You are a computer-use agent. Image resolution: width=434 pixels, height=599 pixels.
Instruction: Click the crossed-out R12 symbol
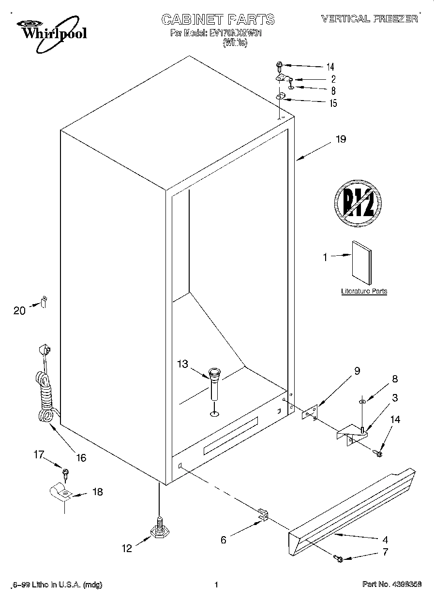(358, 202)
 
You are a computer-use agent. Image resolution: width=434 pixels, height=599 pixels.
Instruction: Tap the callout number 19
(341, 140)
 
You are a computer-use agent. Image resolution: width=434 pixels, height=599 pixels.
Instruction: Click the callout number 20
(19, 311)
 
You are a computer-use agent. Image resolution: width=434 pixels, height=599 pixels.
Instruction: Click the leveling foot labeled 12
(159, 530)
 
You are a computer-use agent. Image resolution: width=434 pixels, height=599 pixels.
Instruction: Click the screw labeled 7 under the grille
(339, 559)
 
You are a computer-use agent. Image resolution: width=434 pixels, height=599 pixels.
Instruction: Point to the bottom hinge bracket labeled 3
(353, 432)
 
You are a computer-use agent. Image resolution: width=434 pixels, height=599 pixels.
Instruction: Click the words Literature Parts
(364, 292)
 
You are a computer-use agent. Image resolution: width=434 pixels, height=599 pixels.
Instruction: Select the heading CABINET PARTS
(218, 19)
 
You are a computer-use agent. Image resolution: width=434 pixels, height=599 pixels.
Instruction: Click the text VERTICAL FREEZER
(369, 18)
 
